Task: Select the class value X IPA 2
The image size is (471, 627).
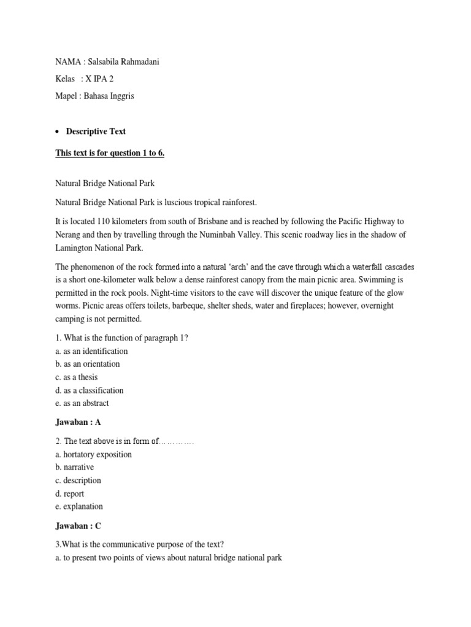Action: pyautogui.click(x=99, y=79)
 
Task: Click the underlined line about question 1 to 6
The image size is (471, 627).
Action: pyautogui.click(x=110, y=152)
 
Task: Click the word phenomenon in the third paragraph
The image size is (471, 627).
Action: pyautogui.click(x=97, y=266)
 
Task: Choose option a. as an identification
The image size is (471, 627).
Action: pyautogui.click(x=91, y=351)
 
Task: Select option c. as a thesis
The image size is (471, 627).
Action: pyautogui.click(x=77, y=377)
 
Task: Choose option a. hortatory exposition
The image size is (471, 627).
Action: pyautogui.click(x=94, y=454)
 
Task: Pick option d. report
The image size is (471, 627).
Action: pyautogui.click(x=70, y=494)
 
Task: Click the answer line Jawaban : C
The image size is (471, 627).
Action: pyautogui.click(x=78, y=525)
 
